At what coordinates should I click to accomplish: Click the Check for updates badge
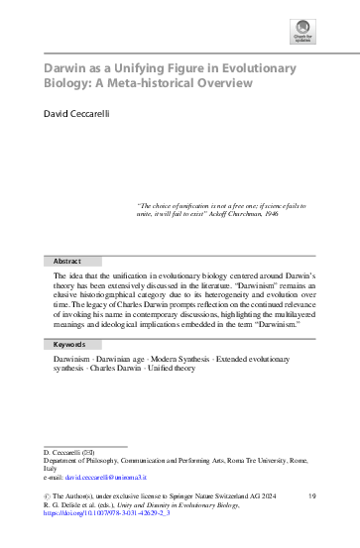tap(300, 35)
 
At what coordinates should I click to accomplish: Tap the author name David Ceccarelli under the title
tap(84, 129)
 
